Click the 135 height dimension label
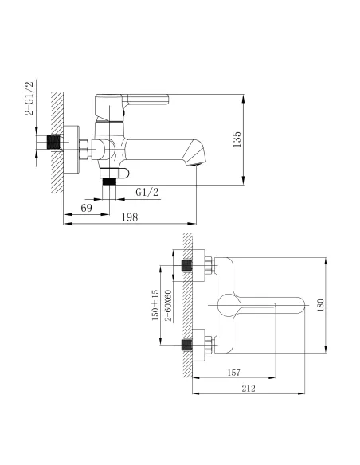coord(237,139)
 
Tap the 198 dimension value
coord(130,217)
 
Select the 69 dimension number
coord(86,208)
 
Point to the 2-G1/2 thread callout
coord(29,98)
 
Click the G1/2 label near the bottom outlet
coord(147,193)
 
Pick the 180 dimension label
coord(320,305)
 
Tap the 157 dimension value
coord(234,373)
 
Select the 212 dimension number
coord(248,389)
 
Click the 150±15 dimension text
coord(155,305)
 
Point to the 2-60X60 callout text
coord(168,306)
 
